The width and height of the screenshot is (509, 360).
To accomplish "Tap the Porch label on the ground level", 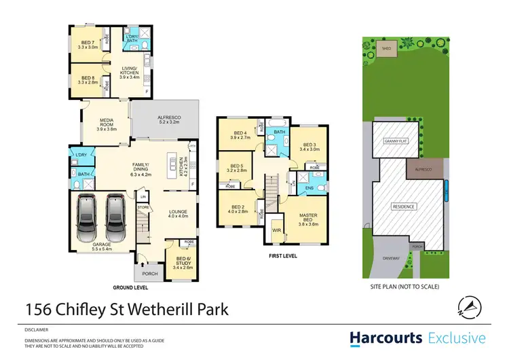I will coord(149,274).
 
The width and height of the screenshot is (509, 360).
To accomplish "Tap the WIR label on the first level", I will coord(276,230).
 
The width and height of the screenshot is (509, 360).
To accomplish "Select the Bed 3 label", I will coord(309,147).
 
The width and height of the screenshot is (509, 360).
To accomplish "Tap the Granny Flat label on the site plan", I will coord(393,142).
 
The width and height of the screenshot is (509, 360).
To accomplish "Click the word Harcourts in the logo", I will coord(383,338).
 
